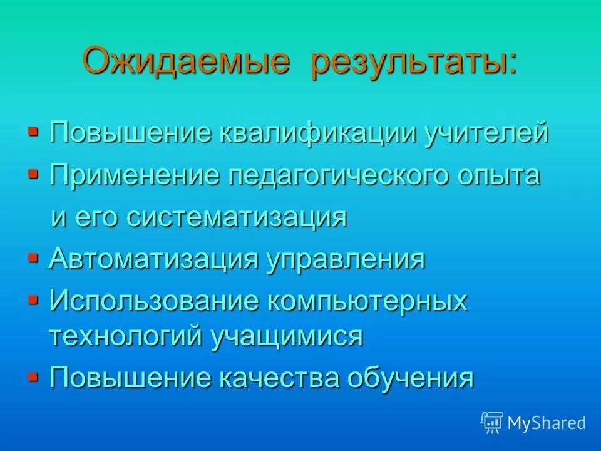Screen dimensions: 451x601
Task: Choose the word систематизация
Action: pos(237,217)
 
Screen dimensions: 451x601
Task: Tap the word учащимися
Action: pos(287,336)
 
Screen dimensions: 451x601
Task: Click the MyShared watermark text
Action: pos(547,423)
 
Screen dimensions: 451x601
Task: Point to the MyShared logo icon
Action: pos(492,422)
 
